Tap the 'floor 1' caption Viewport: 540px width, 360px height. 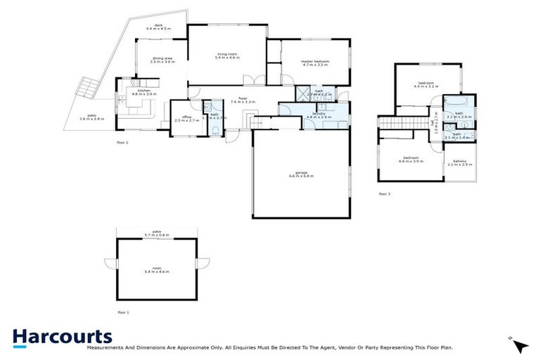(124, 311)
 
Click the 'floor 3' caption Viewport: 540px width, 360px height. (384, 193)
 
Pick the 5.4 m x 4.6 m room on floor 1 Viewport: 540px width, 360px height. (157, 270)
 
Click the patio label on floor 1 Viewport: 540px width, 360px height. (157, 231)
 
